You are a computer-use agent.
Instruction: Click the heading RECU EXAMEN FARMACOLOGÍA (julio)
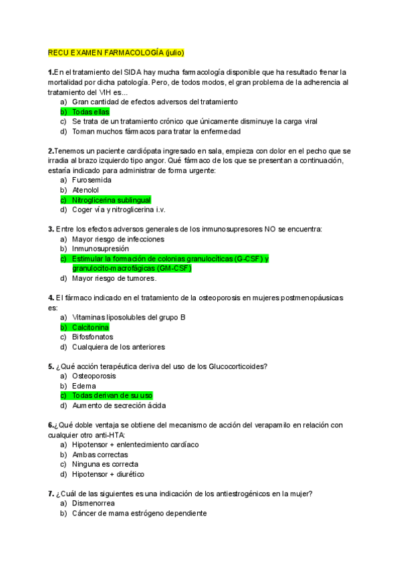116,53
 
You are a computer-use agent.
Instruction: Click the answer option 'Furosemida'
92,180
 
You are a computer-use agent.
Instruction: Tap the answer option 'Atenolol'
86,190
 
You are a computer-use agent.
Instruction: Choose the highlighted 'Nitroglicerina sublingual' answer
111,200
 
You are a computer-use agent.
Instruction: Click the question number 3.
51,229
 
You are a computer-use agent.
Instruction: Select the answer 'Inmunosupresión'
100,249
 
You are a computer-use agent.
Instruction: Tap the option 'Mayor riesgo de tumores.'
114,278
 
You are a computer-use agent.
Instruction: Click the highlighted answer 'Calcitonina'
90,327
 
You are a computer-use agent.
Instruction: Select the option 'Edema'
84,386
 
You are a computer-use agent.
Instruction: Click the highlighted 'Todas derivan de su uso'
112,395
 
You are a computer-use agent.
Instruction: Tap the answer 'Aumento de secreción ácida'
119,405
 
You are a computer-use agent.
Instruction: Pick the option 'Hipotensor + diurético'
108,474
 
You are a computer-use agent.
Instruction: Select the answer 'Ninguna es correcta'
105,464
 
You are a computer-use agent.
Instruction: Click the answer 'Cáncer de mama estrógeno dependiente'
139,514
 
